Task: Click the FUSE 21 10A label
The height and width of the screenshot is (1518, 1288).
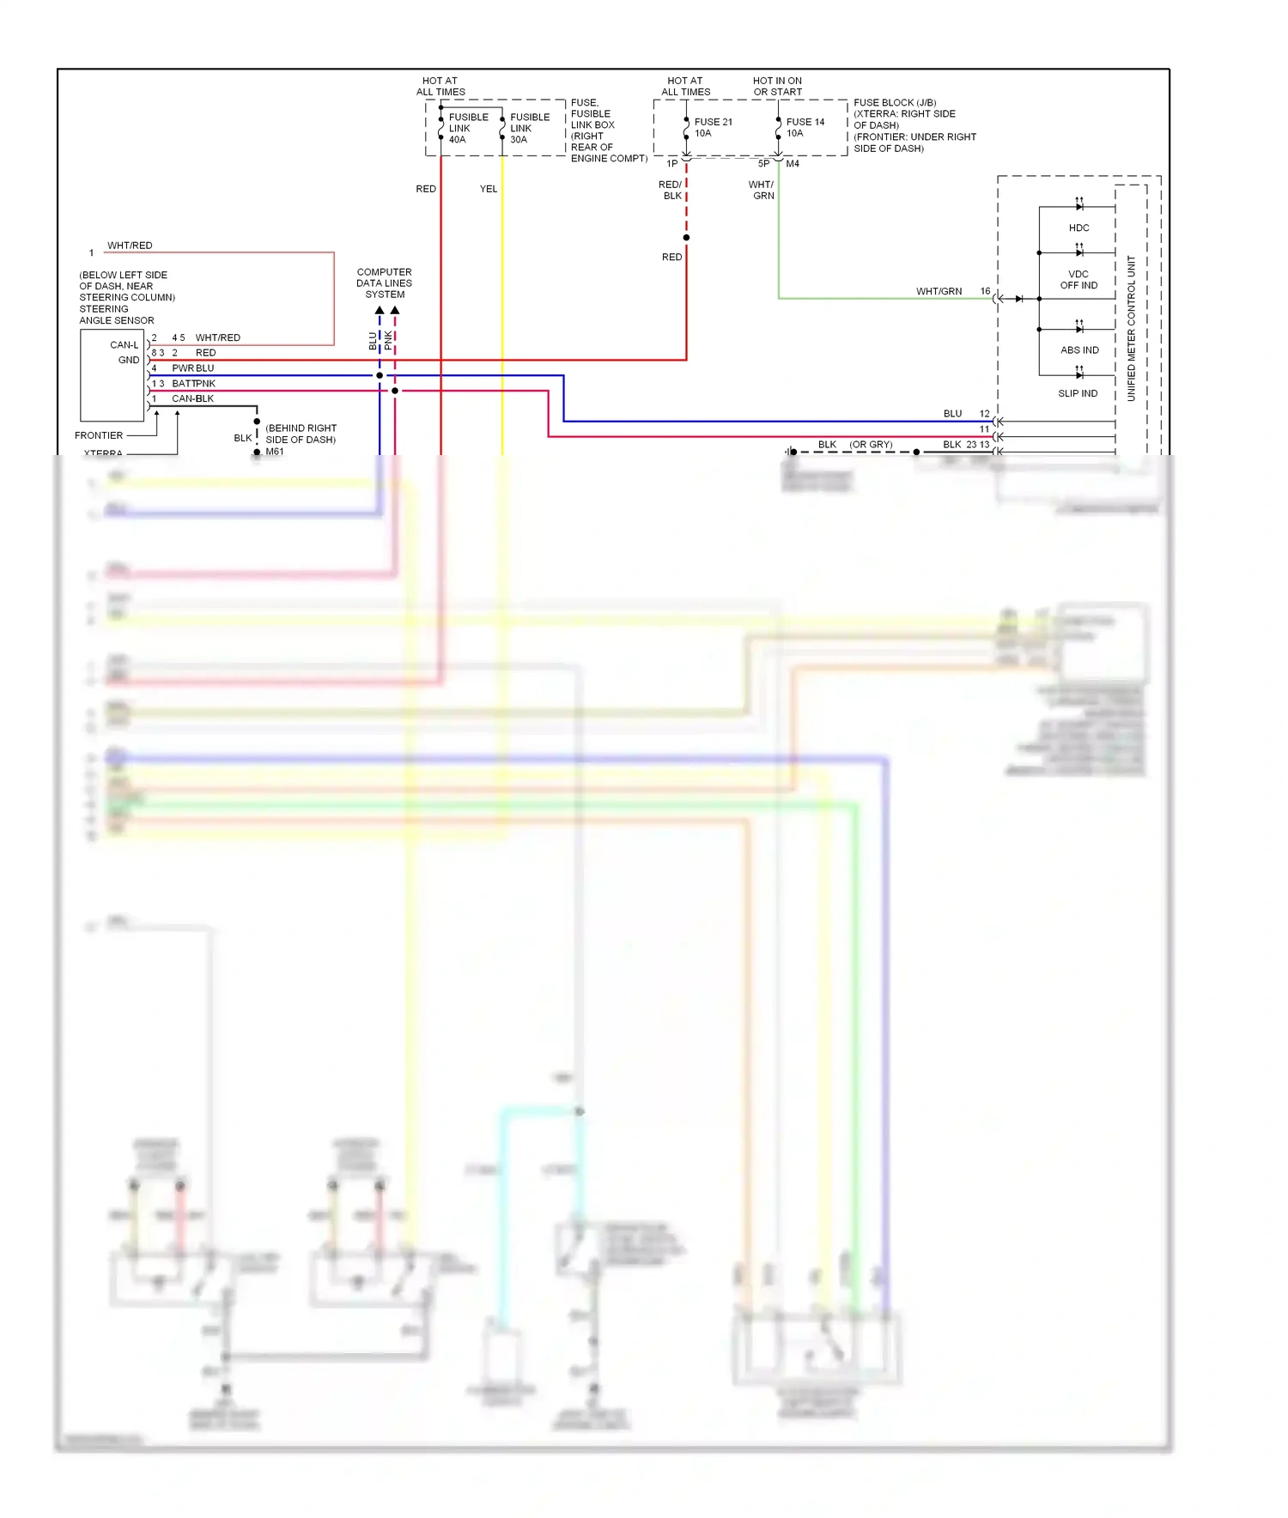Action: [712, 127]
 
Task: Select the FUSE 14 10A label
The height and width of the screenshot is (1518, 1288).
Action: [804, 127]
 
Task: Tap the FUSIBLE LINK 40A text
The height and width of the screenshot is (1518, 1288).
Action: [467, 128]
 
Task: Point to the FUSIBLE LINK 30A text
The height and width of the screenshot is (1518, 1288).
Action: [529, 128]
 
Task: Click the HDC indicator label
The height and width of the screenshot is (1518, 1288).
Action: [1078, 228]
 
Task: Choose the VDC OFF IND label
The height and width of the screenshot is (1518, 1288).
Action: [1078, 280]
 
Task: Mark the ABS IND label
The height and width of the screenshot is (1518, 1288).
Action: [1078, 349]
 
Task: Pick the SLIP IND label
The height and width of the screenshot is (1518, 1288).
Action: [1077, 393]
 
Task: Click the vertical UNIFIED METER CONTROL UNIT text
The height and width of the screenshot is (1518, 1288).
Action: [1131, 328]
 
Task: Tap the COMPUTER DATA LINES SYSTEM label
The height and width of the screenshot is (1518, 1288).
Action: [384, 282]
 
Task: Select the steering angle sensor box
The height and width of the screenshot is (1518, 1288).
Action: [112, 375]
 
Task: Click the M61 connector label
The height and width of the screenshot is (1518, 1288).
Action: [274, 452]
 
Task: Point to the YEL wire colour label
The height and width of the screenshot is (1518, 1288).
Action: [488, 189]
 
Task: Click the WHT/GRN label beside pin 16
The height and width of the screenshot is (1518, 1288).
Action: [938, 291]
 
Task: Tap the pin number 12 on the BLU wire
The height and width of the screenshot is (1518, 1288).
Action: [984, 414]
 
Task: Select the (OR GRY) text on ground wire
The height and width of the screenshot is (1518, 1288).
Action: [871, 445]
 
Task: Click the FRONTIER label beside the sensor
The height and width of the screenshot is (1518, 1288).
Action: [98, 435]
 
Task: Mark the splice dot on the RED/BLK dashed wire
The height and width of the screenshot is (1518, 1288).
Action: [686, 238]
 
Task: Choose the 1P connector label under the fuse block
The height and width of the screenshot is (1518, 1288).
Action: [671, 163]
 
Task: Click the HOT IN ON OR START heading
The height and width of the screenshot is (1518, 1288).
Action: [777, 86]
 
